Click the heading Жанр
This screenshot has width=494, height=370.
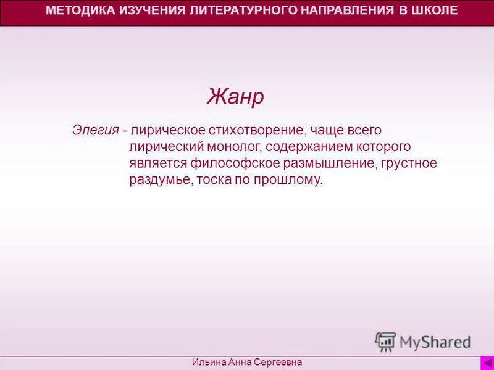click(x=235, y=96)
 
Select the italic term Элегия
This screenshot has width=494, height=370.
click(x=95, y=131)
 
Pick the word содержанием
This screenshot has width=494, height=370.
click(x=308, y=147)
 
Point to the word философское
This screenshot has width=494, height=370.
click(x=228, y=163)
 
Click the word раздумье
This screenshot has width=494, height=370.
click(x=160, y=180)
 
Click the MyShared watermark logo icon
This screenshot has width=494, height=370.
click(x=385, y=342)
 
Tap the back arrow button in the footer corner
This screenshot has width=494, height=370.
click(x=487, y=363)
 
